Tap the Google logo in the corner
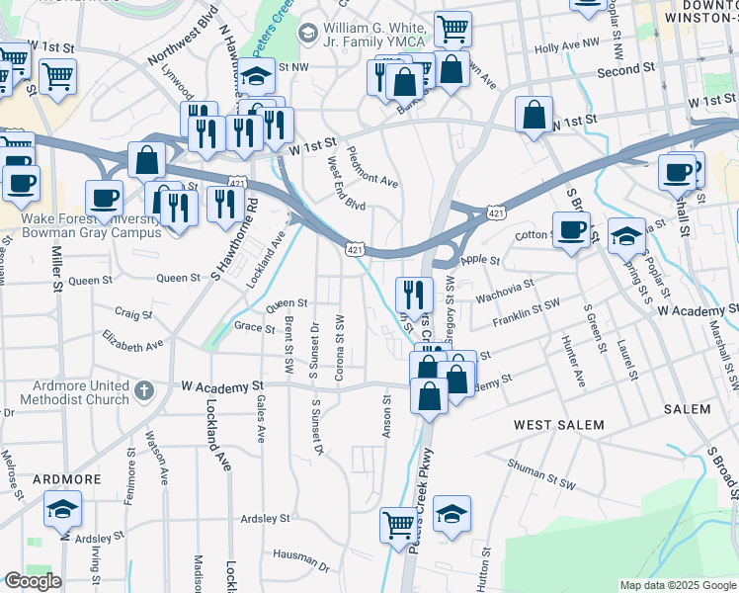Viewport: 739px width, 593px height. pos(32,581)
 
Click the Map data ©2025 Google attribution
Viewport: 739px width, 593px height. pos(677,585)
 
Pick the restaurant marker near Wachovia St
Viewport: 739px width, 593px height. pos(414,293)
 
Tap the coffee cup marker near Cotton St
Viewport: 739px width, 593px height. pos(571,229)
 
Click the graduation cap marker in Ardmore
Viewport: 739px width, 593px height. pos(62,509)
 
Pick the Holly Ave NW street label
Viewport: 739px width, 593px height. pos(567,46)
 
